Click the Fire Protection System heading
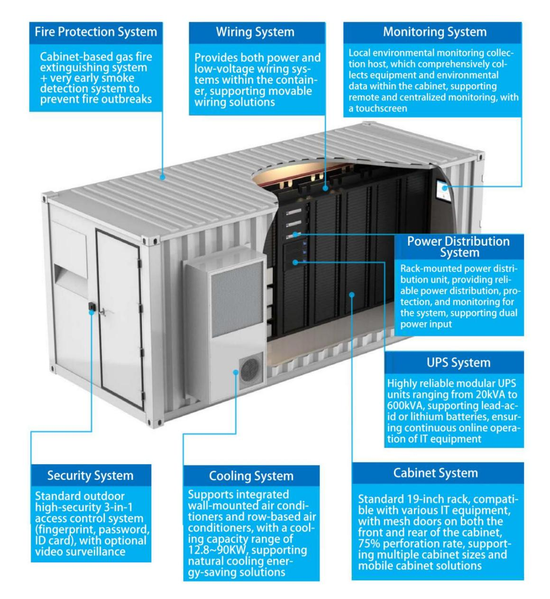pyautogui.click(x=96, y=32)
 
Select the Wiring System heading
pyautogui.click(x=255, y=32)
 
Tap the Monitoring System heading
pyautogui.click(x=435, y=32)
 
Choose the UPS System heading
pyautogui.click(x=458, y=363)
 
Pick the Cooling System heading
pyautogui.click(x=251, y=476)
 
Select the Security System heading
pyautogui.click(x=90, y=476)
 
